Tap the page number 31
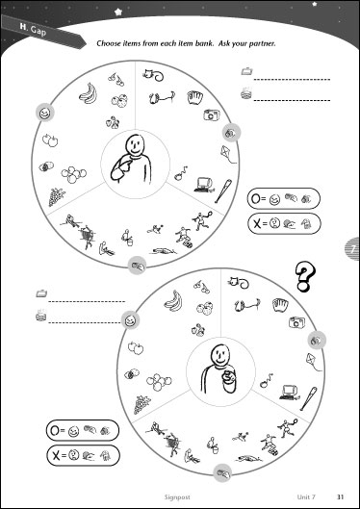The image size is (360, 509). [x=340, y=496]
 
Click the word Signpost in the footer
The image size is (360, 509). [x=177, y=497]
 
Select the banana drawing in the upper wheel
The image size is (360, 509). [x=89, y=92]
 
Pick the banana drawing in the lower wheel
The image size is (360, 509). [x=173, y=300]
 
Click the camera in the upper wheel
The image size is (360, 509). [x=212, y=115]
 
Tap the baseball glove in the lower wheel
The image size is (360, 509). [x=280, y=305]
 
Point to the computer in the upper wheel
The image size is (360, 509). [x=204, y=185]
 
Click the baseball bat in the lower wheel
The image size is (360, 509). [x=308, y=398]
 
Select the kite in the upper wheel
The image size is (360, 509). [x=228, y=155]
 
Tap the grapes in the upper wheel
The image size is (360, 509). [x=57, y=197]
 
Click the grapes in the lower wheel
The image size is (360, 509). [x=141, y=404]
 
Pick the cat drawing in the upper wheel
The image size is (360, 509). [x=153, y=75]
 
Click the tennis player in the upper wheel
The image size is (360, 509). [x=202, y=220]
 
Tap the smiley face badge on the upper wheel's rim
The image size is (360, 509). [x=45, y=113]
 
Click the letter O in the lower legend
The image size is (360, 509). [x=55, y=430]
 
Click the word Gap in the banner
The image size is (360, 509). [x=39, y=32]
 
